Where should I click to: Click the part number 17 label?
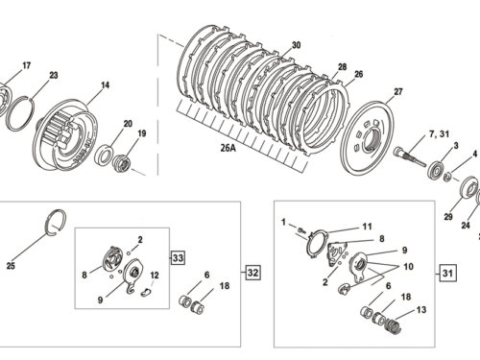26,65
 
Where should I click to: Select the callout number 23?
53,75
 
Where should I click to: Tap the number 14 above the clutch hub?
105,85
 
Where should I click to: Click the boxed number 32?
252,271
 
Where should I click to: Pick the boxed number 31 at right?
448,272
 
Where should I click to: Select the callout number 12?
155,276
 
